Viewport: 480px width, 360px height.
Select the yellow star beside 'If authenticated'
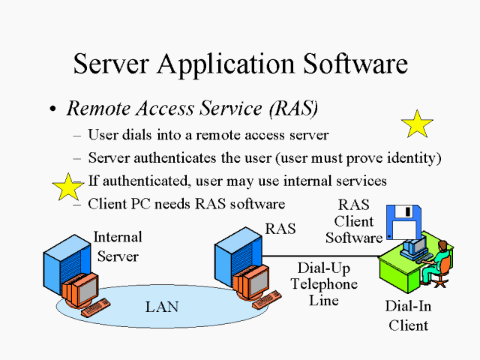67,187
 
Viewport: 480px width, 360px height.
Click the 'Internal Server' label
117,247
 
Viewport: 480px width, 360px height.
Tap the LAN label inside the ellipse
161,306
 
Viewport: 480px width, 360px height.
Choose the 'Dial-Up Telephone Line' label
324,283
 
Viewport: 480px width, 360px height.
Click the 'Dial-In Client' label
408,316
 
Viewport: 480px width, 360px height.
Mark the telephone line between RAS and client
315,256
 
